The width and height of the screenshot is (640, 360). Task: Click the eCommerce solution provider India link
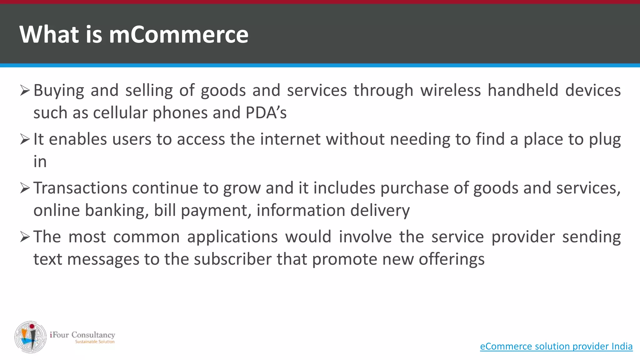coord(556,346)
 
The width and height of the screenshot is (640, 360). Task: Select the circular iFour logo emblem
coord(30,337)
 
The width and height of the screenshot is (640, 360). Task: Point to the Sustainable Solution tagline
coord(95,342)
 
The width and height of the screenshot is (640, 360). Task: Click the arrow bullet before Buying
coord(25,90)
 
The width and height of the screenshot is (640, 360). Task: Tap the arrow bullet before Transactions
coord(25,188)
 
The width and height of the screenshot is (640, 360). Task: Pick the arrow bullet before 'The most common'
coord(25,237)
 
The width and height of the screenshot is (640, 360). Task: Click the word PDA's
coord(266,113)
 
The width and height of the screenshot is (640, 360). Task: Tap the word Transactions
coord(80,188)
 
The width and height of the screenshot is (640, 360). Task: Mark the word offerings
coord(452,260)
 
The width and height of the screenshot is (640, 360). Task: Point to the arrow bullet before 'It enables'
coord(25,139)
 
